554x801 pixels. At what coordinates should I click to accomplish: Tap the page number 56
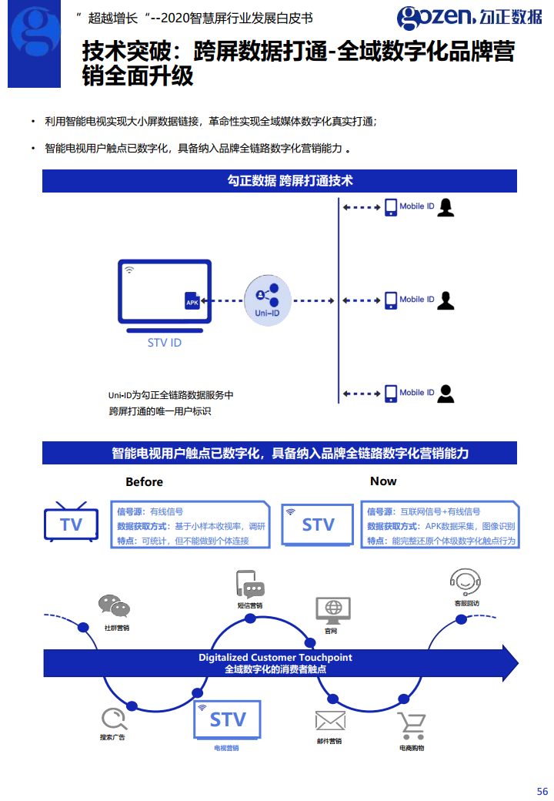(x=542, y=791)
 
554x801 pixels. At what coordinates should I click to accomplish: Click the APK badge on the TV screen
(x=192, y=302)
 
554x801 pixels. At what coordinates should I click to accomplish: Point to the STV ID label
(x=164, y=343)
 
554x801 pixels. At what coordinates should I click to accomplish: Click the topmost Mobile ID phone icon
(x=390, y=206)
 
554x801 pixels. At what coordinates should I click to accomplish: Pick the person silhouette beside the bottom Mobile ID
(x=446, y=393)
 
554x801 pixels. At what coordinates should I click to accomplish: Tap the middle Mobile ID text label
(x=416, y=300)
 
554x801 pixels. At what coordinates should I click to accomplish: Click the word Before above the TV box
(x=144, y=481)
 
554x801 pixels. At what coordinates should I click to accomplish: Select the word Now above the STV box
(x=383, y=481)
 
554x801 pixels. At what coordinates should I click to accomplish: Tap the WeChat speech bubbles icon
(x=114, y=607)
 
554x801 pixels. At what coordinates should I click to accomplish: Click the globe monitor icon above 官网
(x=332, y=610)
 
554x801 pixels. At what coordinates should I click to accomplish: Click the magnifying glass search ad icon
(x=113, y=719)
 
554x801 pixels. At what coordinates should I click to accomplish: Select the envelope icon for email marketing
(x=329, y=721)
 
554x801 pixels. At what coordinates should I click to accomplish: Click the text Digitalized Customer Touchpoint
(x=275, y=657)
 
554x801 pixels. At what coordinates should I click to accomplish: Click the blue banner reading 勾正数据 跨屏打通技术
(x=279, y=181)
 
